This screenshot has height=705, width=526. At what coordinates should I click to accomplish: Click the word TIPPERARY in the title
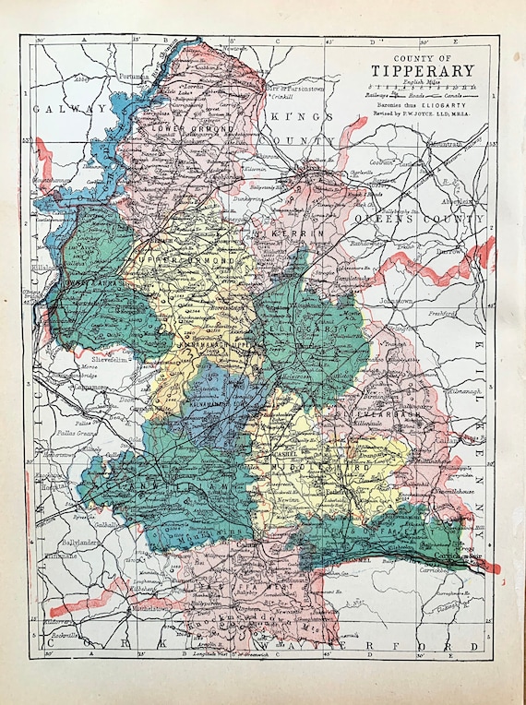point(423,71)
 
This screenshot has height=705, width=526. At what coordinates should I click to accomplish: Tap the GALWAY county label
point(69,109)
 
